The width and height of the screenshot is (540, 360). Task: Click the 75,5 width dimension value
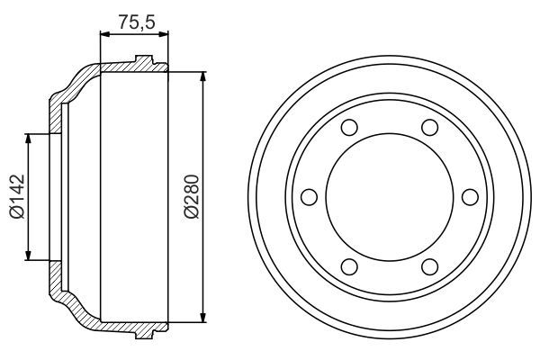click(x=132, y=20)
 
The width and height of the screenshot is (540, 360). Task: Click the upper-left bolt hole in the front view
click(x=350, y=127)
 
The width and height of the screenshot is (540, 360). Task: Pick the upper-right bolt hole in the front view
click(x=429, y=127)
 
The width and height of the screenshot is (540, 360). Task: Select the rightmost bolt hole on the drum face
click(x=469, y=195)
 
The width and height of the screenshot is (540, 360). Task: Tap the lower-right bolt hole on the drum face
click(x=429, y=265)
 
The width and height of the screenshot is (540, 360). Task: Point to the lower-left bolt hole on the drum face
click(x=350, y=265)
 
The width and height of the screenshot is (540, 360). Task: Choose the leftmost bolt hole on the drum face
click(x=310, y=195)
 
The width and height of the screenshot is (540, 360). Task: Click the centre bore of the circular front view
click(x=390, y=195)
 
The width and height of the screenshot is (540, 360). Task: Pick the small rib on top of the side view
click(x=143, y=61)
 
